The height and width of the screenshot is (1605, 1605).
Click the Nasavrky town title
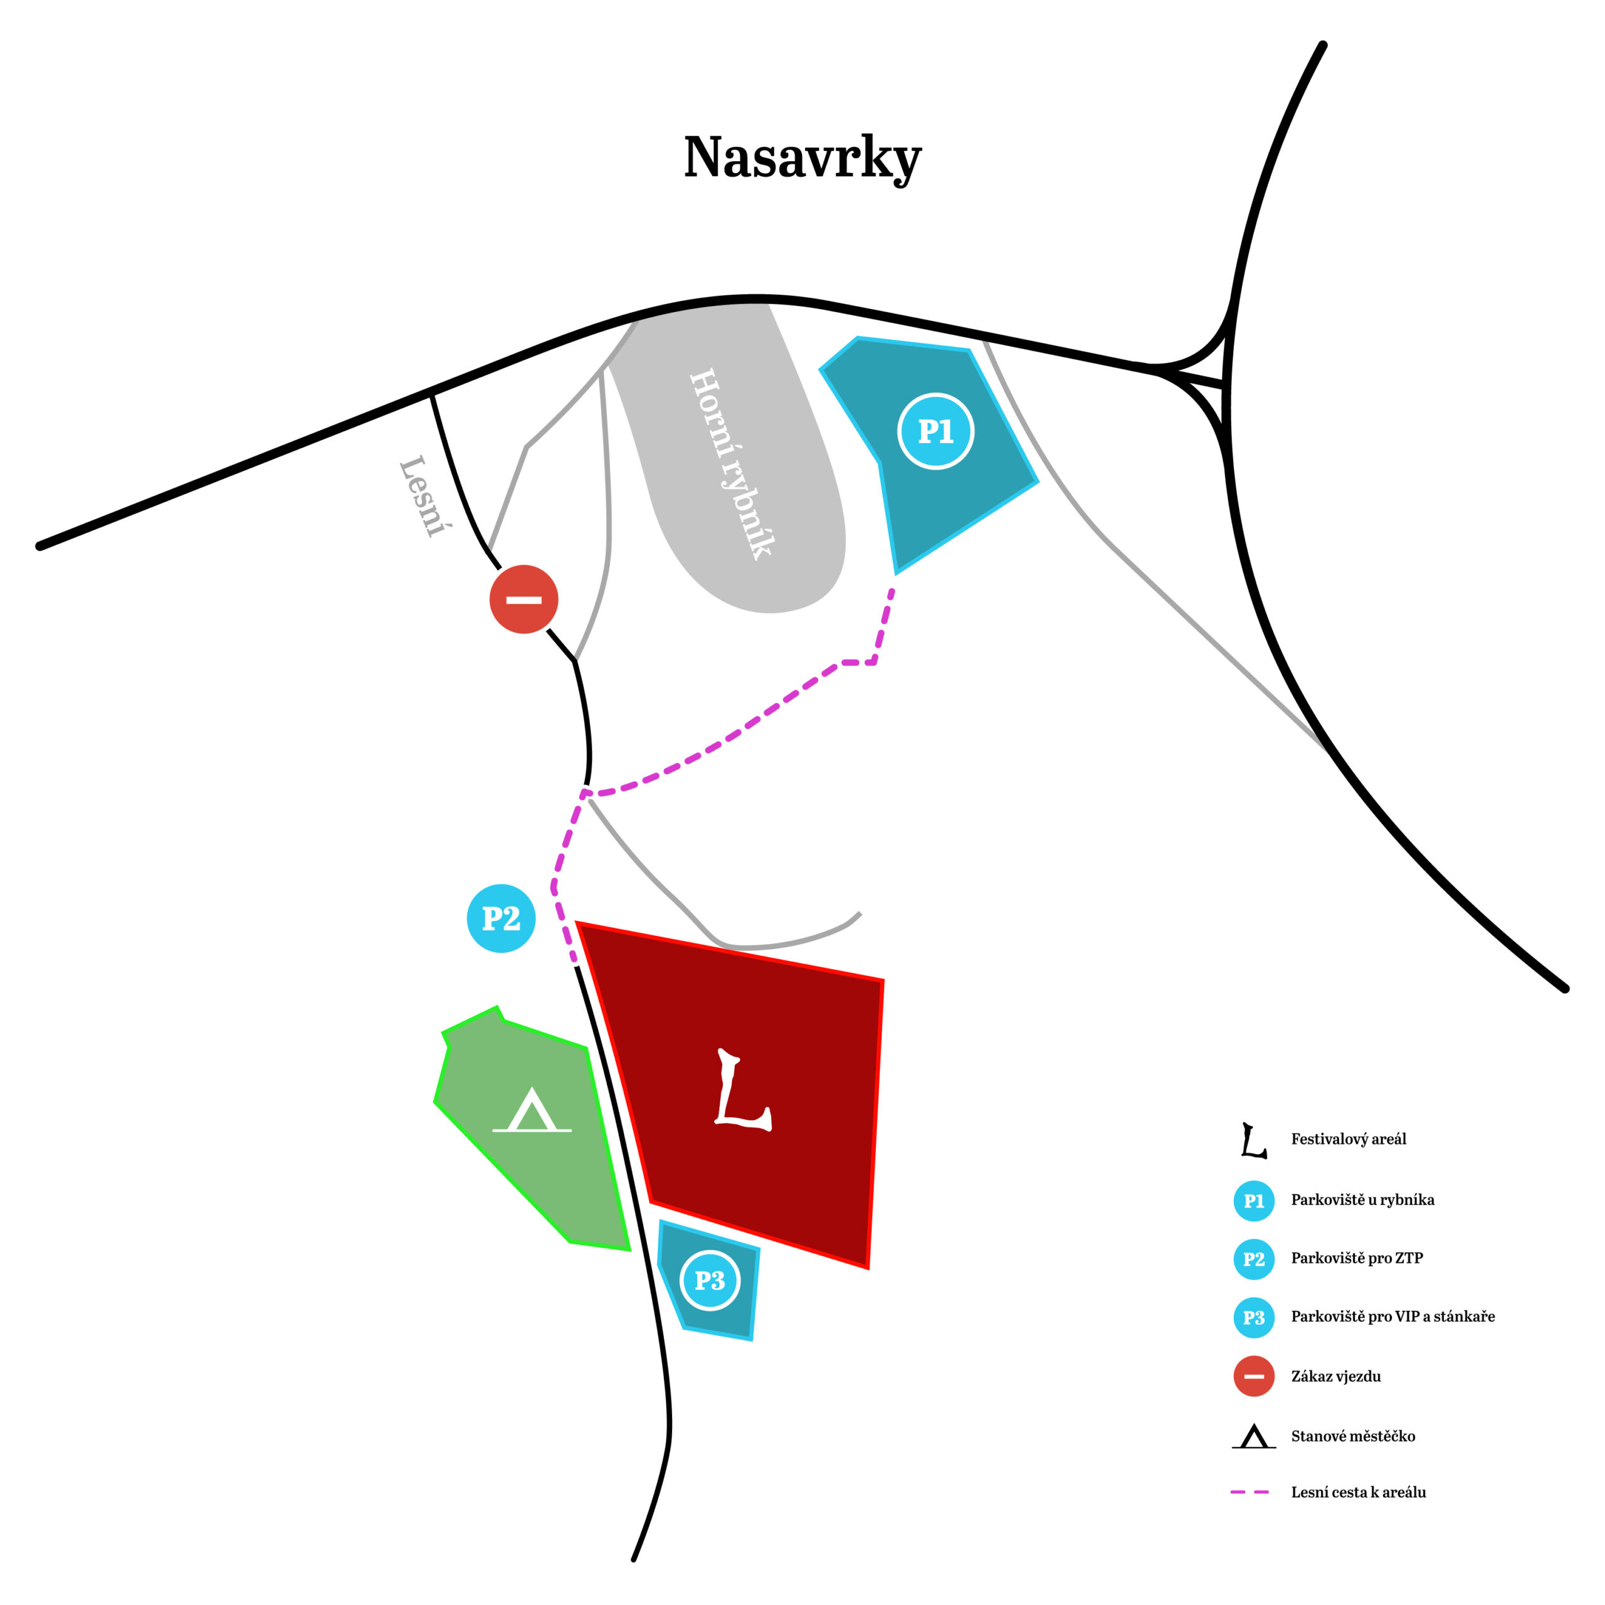point(802,158)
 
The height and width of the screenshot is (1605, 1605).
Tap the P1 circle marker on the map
point(935,431)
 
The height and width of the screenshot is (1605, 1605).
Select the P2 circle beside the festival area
point(501,918)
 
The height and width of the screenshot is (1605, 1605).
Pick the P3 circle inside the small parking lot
point(710,1280)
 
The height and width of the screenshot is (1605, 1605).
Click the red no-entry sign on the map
point(524,599)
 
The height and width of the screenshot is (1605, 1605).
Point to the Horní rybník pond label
point(732,463)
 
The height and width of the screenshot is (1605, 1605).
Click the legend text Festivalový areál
point(1349,1139)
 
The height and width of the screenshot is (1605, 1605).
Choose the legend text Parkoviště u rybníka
point(1362,1199)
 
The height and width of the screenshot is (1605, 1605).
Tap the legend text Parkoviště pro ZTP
point(1357,1258)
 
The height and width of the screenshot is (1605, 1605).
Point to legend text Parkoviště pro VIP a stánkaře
point(1392,1316)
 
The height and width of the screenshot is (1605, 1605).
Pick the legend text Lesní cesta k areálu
point(1358,1492)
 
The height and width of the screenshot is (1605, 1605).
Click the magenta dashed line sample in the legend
point(1250,1493)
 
